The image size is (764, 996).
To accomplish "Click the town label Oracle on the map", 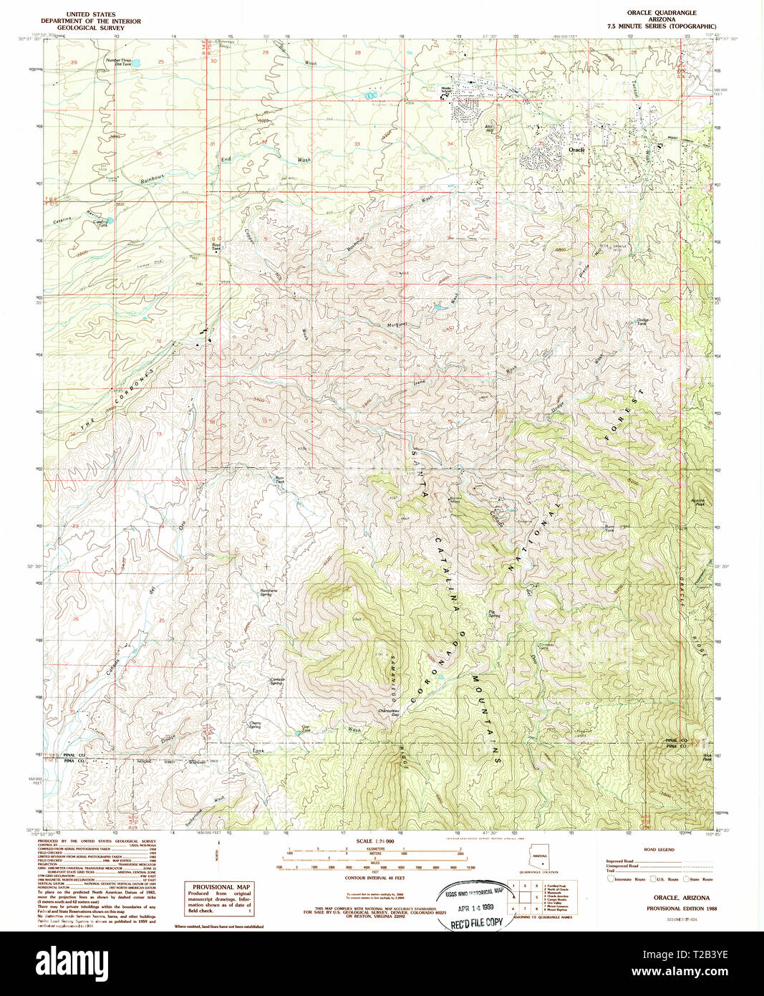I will (x=576, y=150).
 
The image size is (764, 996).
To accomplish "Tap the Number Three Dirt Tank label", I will (x=118, y=62).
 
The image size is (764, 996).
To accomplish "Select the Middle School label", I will (x=447, y=90).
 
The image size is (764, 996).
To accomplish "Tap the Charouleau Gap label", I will (x=389, y=712).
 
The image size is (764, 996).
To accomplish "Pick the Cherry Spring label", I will (x=255, y=724).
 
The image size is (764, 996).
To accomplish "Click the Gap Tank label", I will (x=306, y=729).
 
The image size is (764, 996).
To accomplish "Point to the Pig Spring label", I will (x=494, y=614).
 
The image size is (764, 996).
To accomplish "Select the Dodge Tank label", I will (x=642, y=322).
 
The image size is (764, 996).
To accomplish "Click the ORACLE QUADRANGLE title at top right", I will (x=661, y=13).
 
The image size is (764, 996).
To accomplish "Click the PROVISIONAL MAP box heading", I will (x=219, y=887).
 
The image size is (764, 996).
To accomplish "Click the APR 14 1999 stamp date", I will (x=475, y=904).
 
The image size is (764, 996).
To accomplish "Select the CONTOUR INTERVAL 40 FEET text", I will (x=374, y=877).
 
